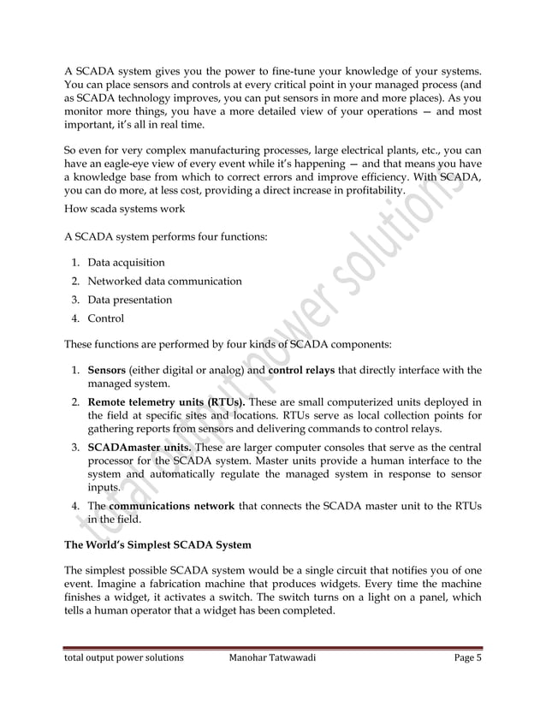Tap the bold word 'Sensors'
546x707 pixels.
click(x=107, y=371)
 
